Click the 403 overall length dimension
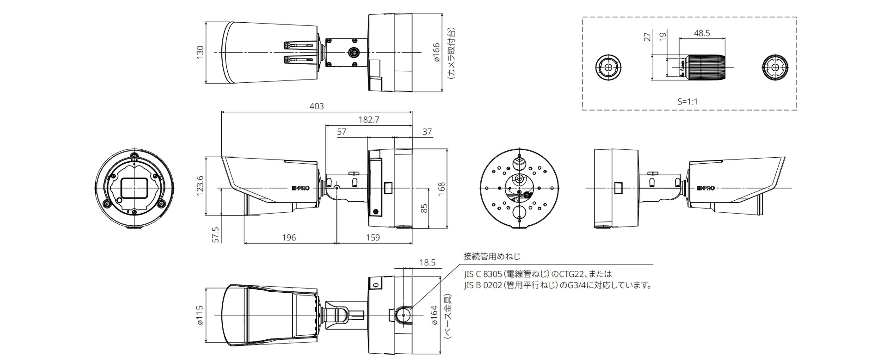[316, 106]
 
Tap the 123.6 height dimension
[200, 186]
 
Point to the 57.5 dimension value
[216, 235]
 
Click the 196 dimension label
[289, 238]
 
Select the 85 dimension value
[424, 208]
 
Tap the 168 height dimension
[441, 189]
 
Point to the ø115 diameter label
[200, 315]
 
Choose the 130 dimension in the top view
[200, 52]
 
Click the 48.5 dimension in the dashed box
[702, 33]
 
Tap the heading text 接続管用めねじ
[492, 256]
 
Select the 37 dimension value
[427, 132]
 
